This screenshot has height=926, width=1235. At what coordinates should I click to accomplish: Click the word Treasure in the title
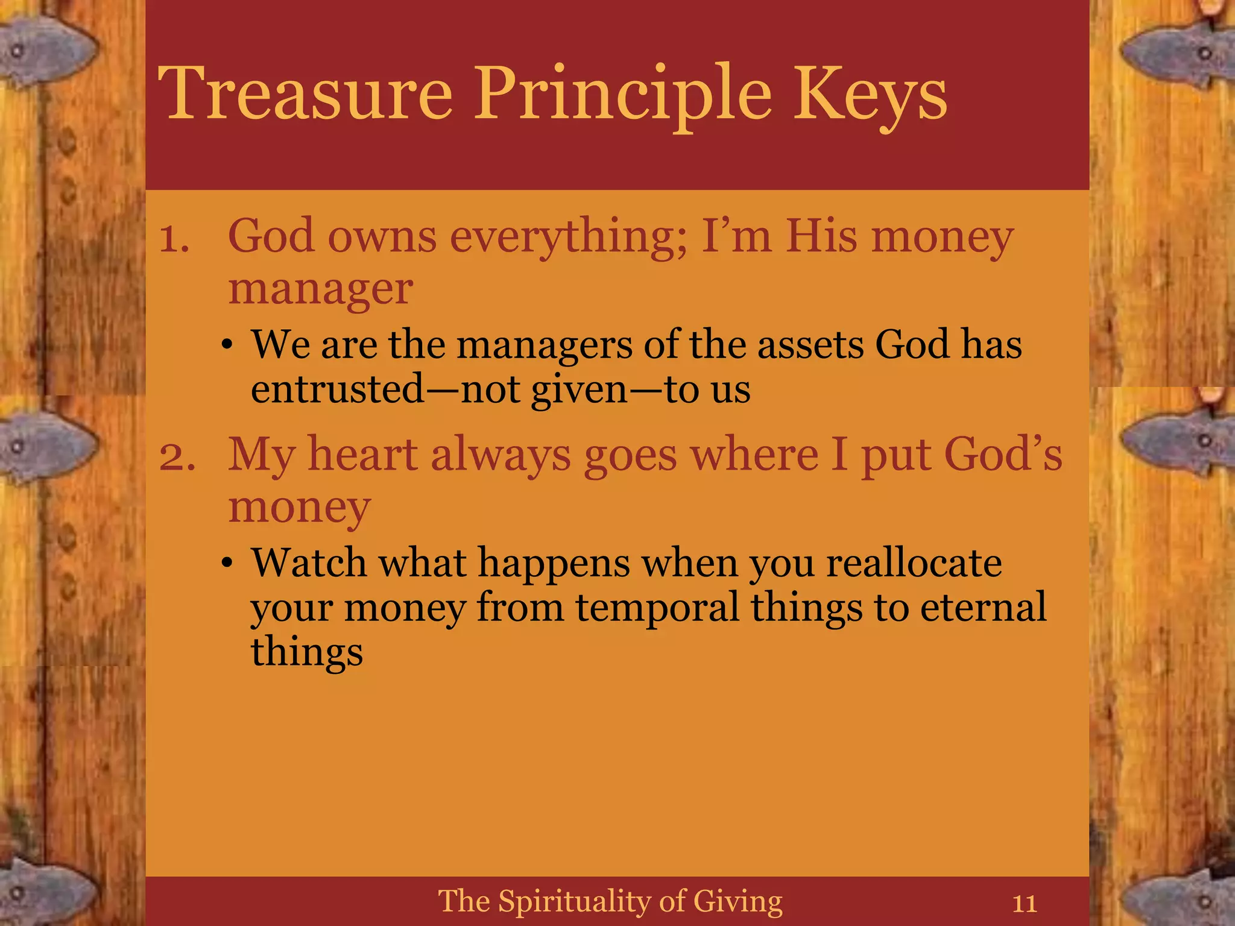click(305, 93)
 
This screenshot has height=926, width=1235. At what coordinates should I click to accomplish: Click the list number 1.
click(174, 239)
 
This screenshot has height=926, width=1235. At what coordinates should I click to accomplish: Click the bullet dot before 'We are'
click(227, 345)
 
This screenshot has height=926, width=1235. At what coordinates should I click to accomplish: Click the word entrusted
click(337, 389)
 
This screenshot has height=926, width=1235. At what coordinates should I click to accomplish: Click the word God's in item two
click(1002, 455)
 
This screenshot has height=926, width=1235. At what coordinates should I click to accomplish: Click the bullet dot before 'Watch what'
click(227, 564)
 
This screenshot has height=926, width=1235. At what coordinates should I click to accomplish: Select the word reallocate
click(914, 564)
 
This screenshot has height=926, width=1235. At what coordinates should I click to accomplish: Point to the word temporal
click(657, 608)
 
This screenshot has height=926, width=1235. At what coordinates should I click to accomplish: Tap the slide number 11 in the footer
click(1025, 904)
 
